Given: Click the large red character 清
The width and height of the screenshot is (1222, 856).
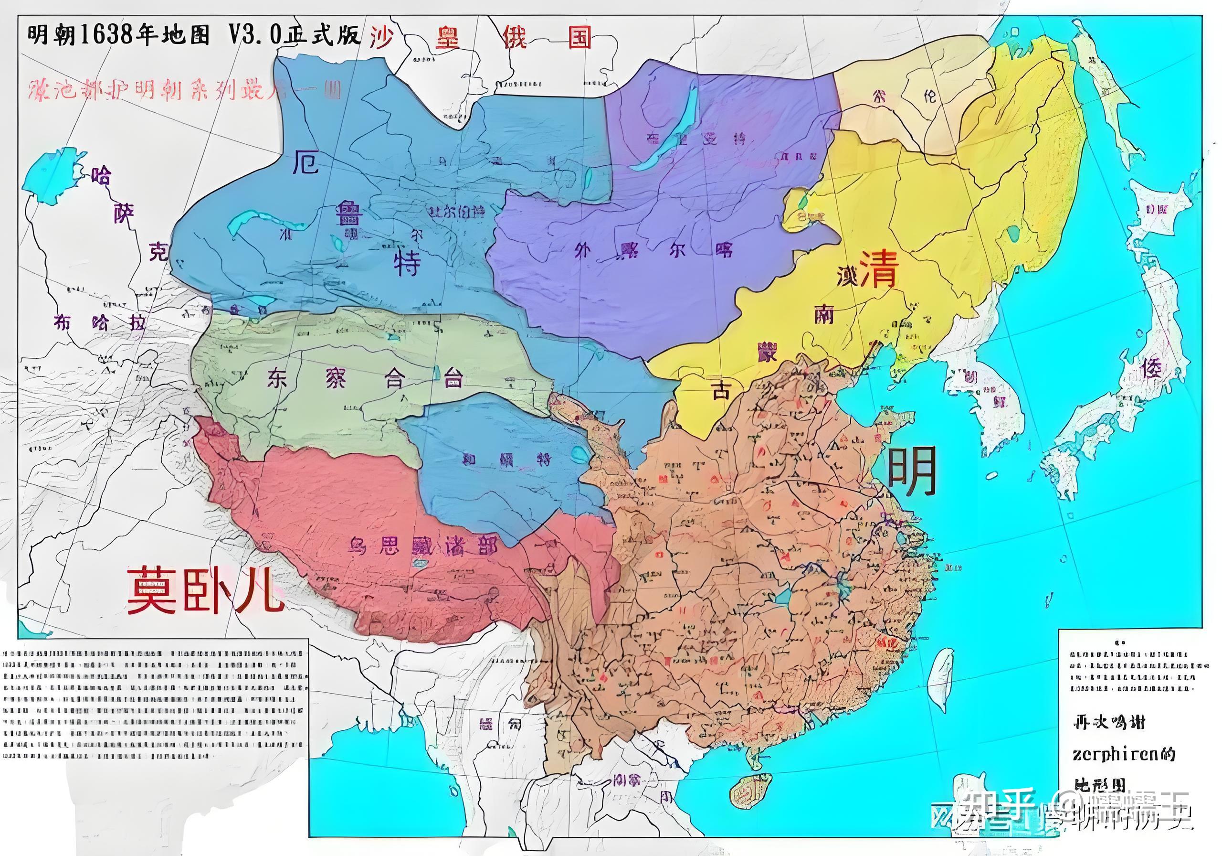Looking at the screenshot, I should click(879, 269).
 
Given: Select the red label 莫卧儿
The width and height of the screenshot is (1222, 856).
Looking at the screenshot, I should click(204, 589).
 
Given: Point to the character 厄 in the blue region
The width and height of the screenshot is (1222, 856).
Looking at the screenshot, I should click(305, 162).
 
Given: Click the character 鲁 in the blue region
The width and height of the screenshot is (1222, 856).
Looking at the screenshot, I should click(348, 213).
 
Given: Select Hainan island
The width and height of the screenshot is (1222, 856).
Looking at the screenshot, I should click(750, 794).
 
